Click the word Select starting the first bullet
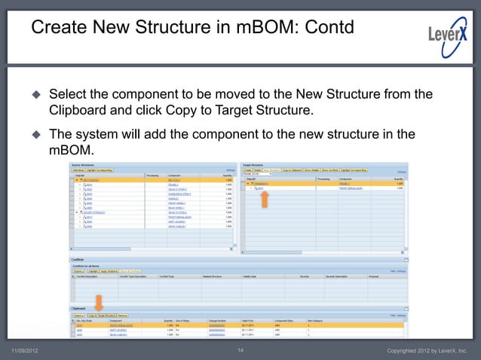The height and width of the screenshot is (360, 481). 69,95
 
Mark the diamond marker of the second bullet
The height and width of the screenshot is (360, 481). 36,135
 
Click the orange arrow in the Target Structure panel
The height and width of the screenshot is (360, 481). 264,199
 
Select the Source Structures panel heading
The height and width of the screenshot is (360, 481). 82,163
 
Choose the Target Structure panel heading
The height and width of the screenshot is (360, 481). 253,163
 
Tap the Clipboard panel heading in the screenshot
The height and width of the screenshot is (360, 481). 79,309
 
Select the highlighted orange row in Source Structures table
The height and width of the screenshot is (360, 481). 151,180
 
